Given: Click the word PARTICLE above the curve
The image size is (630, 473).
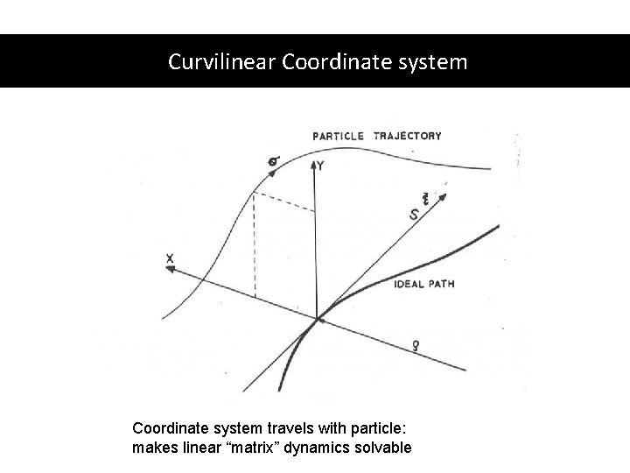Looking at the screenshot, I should [339, 136].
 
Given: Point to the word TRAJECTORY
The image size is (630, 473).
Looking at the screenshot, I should [407, 136].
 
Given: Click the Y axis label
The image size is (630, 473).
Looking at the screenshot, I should [321, 166].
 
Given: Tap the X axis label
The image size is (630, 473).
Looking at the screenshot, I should [169, 257].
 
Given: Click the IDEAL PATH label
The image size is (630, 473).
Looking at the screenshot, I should [424, 284].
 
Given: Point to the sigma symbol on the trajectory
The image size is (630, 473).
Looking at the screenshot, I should [274, 160].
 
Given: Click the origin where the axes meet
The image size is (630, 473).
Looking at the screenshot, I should [317, 320].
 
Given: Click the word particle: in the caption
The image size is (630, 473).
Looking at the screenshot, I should [380, 429].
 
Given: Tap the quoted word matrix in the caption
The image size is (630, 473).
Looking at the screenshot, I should [262, 448].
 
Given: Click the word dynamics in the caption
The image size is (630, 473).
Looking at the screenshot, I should [321, 448].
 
